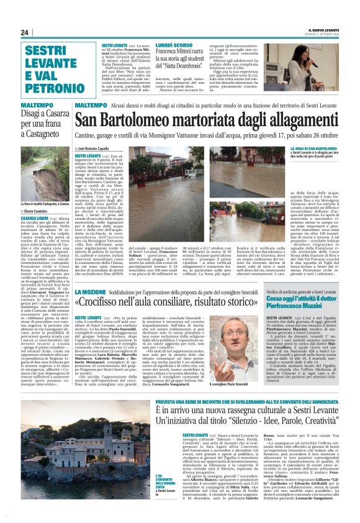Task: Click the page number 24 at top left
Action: click(x=25, y=32)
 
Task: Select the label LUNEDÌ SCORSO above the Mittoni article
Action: click(x=174, y=45)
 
